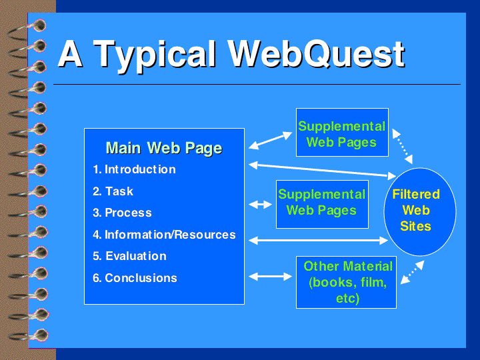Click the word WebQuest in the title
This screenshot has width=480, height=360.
coord(317,55)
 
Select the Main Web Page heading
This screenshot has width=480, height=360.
coord(164,148)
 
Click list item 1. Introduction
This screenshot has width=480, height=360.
coord(134,169)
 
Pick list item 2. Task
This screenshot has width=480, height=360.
coord(113,191)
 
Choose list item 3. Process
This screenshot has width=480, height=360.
coord(122,213)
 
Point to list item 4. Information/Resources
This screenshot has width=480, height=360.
coord(164,235)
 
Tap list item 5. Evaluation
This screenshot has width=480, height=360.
coord(129,256)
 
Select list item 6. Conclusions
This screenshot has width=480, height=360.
coord(135,278)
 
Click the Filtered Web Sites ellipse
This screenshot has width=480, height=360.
coord(420,212)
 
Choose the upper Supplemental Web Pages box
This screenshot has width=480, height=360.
coord(342,132)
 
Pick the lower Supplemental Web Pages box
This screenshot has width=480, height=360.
coord(322,204)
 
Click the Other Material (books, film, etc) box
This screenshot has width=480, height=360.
coord(346,282)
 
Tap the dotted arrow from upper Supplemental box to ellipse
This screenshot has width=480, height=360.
coord(402,146)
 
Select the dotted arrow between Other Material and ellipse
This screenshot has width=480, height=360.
coord(413,272)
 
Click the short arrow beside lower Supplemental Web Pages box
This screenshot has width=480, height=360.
coord(260,204)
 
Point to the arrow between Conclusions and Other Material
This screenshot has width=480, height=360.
coord(270,277)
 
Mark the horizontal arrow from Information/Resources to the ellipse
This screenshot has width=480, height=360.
coord(319,241)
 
